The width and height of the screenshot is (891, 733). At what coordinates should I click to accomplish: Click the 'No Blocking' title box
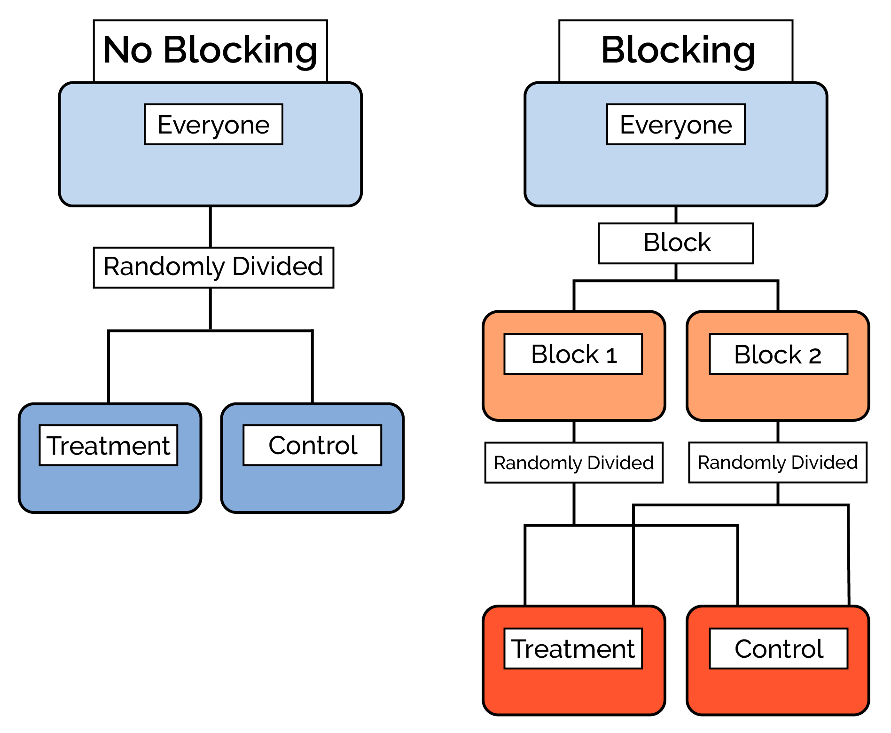(210, 51)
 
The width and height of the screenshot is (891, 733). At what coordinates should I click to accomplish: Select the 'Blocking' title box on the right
(676, 51)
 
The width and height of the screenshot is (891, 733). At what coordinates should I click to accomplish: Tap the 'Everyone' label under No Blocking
(213, 125)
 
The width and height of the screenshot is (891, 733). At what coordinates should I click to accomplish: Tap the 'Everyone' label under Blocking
(676, 125)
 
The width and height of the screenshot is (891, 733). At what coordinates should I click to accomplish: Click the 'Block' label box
(676, 243)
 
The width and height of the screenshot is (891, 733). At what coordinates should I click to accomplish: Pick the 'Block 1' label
(573, 354)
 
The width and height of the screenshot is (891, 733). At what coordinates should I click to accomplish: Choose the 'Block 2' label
(778, 354)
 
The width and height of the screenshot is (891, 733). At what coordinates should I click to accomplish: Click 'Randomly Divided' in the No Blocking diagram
(213, 267)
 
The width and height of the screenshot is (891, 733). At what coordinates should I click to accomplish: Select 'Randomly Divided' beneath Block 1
(573, 463)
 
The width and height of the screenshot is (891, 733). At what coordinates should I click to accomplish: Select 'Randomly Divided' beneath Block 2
(777, 463)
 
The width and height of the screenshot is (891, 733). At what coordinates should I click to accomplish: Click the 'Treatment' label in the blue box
(108, 445)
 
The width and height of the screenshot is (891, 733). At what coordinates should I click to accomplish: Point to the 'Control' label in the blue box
(312, 445)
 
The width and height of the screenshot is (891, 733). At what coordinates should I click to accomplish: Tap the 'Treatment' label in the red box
(573, 649)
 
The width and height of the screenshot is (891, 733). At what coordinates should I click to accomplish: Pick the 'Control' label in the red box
(778, 649)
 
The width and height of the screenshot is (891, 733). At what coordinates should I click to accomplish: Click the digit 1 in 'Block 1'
(611, 356)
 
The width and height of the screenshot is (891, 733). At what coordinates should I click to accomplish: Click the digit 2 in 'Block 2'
(815, 356)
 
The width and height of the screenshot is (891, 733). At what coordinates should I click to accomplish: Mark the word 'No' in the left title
(127, 50)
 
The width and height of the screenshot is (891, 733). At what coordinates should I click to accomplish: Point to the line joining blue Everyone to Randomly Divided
(210, 227)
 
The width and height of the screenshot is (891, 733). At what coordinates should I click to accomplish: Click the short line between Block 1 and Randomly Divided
(574, 431)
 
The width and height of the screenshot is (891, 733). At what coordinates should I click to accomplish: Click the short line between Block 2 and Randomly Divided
(778, 431)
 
